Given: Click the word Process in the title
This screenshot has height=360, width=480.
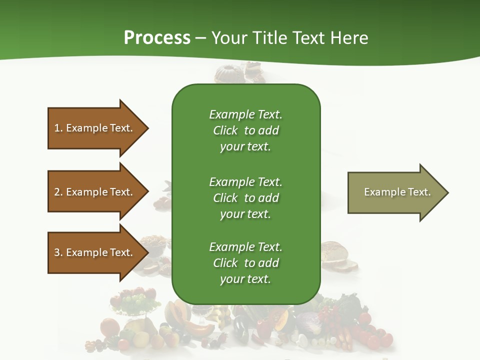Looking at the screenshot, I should [157, 38].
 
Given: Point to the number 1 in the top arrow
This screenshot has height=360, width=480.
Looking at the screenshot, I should [57, 128].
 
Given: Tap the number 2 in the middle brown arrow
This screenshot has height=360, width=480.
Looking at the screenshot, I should [57, 192].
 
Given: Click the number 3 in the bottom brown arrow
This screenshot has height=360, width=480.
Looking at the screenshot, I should [57, 252].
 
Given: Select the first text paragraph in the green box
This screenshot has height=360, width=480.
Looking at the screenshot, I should [245, 130].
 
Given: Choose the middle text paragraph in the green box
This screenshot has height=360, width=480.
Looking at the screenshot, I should [245, 198].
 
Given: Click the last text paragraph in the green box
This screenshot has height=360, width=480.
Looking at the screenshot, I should [245, 263].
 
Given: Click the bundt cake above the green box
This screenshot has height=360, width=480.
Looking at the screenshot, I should [228, 74].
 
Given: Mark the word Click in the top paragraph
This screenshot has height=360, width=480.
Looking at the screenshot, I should [225, 131].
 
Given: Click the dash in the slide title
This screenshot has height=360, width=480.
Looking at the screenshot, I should [201, 38].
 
